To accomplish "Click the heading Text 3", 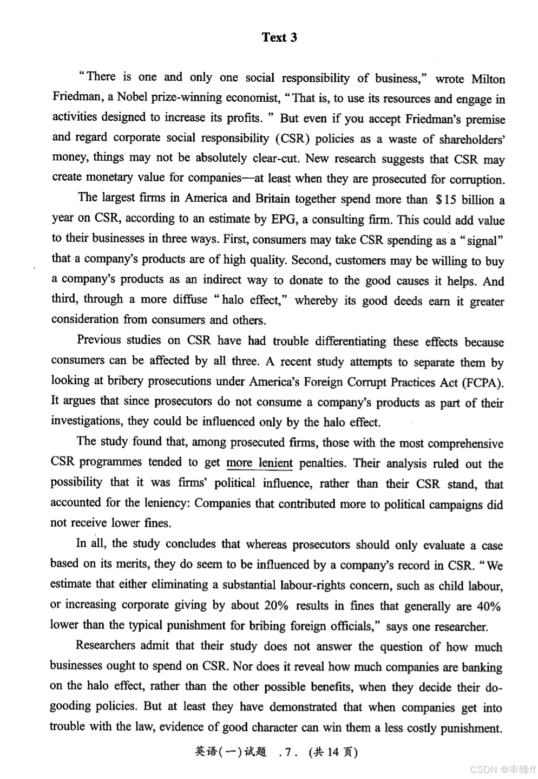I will tap(279, 37).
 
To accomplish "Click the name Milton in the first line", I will tap(488, 79).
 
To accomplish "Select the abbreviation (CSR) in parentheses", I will tap(292, 139).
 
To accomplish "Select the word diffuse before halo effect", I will tap(190, 300).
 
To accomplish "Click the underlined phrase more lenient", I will tap(259, 463).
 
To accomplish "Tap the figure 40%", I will tap(488, 606).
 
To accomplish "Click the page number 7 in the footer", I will tap(287, 752).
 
